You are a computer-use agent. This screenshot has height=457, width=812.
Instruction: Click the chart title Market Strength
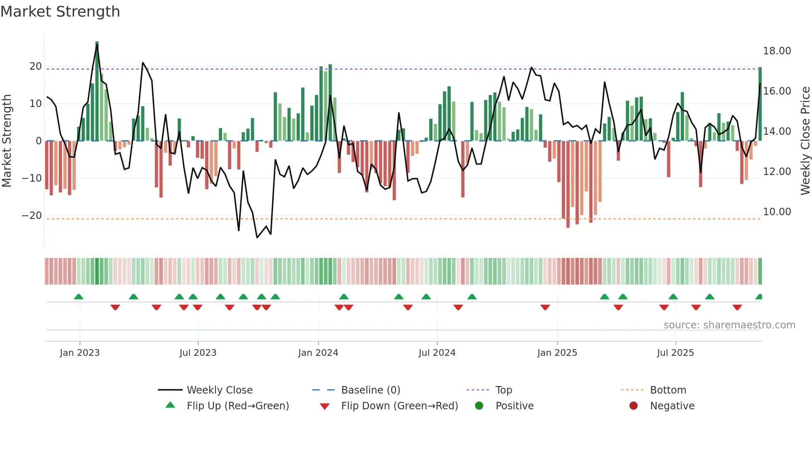(x=60, y=12)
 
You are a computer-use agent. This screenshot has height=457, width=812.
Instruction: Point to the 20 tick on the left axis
(x=36, y=66)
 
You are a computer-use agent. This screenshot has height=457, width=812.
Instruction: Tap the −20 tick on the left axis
(x=32, y=216)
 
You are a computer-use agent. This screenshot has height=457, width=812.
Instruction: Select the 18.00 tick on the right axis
(x=777, y=51)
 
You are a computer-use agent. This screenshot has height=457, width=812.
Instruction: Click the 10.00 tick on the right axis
(x=777, y=212)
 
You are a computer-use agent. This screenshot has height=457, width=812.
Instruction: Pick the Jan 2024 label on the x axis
(x=318, y=353)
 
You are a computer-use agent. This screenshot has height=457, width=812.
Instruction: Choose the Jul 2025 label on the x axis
(x=675, y=353)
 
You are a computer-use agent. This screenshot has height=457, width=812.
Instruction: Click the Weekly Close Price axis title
(x=805, y=141)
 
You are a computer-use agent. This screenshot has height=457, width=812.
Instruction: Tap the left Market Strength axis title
(x=7, y=141)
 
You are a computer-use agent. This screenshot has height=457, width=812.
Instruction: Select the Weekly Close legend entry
(x=220, y=390)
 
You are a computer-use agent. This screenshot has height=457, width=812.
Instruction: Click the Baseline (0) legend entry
(x=370, y=390)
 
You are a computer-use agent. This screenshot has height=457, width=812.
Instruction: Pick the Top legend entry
(x=504, y=390)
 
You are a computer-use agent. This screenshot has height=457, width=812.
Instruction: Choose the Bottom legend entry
(x=668, y=390)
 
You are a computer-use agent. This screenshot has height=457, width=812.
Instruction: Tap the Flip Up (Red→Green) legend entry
(x=238, y=406)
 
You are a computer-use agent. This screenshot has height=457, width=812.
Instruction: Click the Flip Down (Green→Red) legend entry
(x=399, y=406)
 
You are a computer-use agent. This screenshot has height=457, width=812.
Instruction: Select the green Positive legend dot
(x=479, y=406)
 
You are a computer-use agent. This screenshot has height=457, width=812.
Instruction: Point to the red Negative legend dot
(x=633, y=406)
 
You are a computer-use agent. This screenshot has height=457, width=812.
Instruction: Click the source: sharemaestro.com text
(x=729, y=325)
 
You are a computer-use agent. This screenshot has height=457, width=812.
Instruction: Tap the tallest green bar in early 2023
(x=97, y=91)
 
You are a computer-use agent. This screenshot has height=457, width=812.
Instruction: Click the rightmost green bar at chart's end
(x=760, y=104)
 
